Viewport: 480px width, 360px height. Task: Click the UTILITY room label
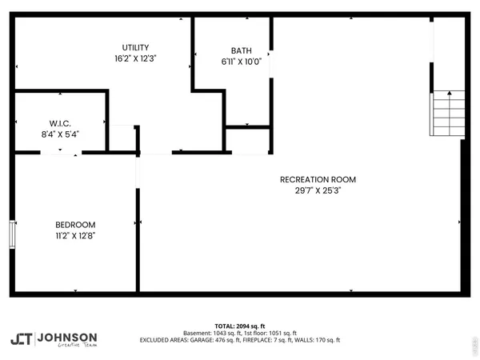pos(135,48)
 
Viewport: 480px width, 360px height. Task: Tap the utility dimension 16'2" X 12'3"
pos(135,58)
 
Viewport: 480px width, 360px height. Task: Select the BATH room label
pos(241,50)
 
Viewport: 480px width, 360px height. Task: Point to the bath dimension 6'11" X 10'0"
pos(241,62)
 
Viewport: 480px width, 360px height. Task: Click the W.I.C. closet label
pos(60,123)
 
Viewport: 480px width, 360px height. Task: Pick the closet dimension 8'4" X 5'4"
pos(60,134)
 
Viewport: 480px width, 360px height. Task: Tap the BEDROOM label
pos(75,225)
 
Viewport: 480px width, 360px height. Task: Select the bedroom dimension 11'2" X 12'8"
pos(75,236)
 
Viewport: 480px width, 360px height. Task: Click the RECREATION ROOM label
pos(318,179)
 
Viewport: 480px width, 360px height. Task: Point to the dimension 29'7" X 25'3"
pos(318,190)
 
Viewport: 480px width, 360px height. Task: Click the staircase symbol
pos(449,114)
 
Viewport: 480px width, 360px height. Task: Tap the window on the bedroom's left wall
pos(12,234)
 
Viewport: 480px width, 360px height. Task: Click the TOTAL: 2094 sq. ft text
pos(239,326)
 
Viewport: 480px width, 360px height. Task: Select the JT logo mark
pos(22,339)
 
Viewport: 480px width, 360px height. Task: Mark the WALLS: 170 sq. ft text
pos(320,340)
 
